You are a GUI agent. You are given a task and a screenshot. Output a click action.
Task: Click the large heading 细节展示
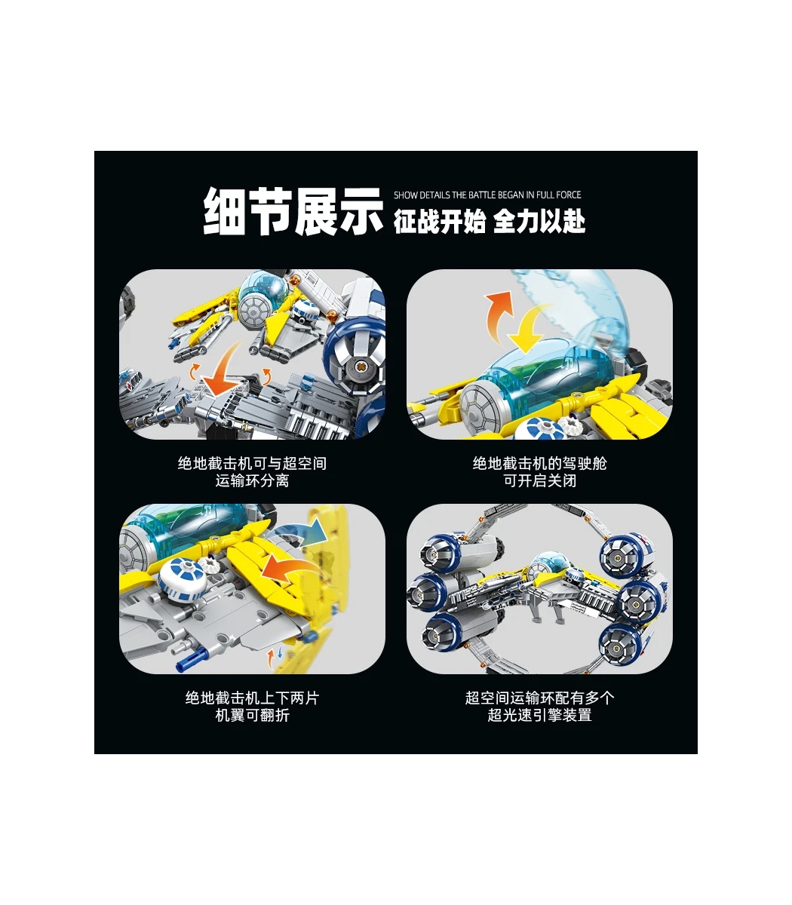pyautogui.click(x=293, y=211)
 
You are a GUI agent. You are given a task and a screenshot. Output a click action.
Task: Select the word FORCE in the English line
pyautogui.click(x=568, y=195)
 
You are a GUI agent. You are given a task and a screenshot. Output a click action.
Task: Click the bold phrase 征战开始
pyautogui.click(x=440, y=221)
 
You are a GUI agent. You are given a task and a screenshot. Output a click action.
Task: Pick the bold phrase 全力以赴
pyautogui.click(x=539, y=221)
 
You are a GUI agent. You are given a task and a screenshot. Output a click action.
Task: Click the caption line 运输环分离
pyautogui.click(x=252, y=481)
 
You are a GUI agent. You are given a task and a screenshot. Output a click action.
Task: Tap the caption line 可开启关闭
pyautogui.click(x=540, y=481)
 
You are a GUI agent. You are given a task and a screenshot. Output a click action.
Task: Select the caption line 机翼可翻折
pyautogui.click(x=252, y=715)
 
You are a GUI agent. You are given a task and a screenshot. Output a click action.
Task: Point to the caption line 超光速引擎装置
pyautogui.click(x=540, y=715)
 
